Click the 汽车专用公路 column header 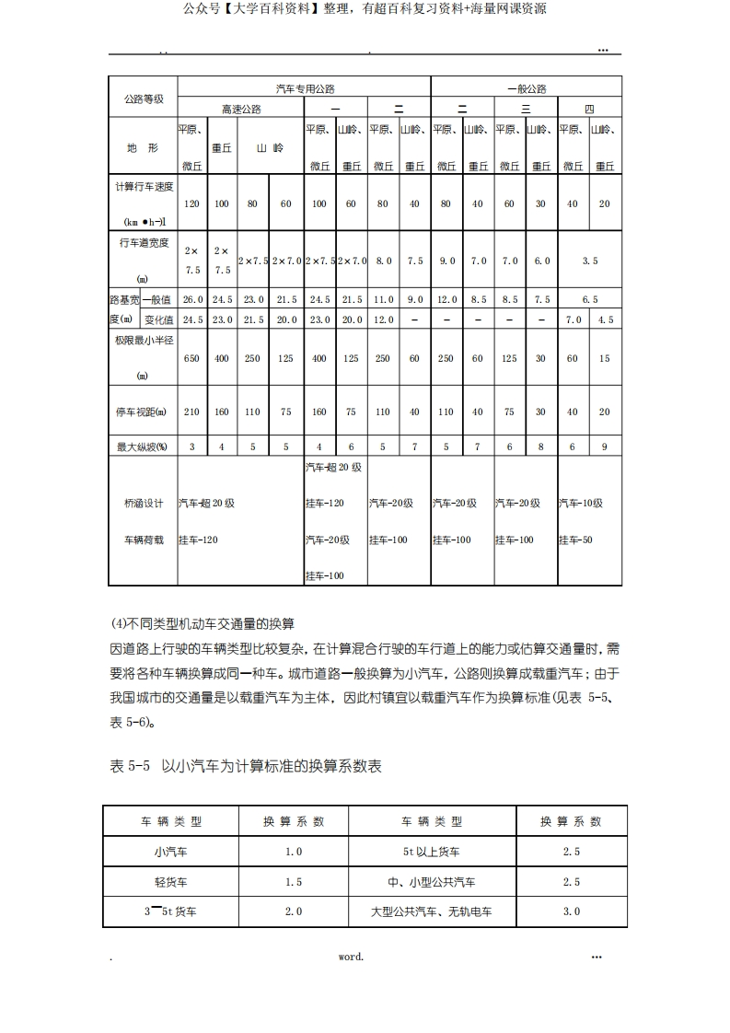(305, 89)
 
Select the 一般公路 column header (527, 89)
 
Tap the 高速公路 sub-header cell (241, 109)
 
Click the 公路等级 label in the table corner (143, 99)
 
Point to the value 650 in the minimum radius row (191, 358)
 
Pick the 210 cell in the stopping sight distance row (191, 412)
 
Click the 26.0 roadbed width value (191, 299)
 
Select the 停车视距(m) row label (143, 412)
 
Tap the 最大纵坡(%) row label (143, 447)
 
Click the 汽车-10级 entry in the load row (580, 504)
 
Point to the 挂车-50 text (575, 540)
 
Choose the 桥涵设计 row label (143, 504)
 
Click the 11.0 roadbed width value (383, 299)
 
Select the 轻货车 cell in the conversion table (170, 882)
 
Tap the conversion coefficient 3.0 (571, 911)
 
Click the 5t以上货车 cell (431, 852)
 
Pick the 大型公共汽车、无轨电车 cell (431, 911)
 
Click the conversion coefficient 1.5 (293, 882)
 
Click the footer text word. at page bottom (351, 957)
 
